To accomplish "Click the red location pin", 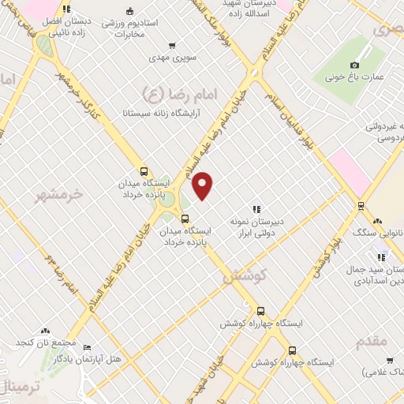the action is coord(204,185).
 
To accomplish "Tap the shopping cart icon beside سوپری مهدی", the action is coord(172,46).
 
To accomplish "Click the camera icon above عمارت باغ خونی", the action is coord(354,64).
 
